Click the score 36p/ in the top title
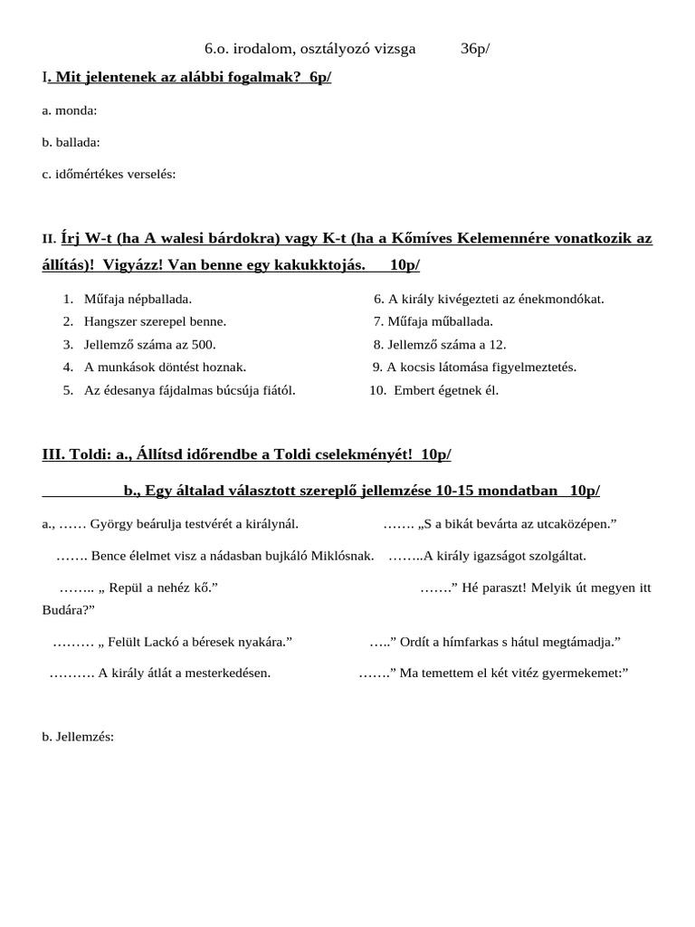474,49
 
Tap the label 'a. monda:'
70,110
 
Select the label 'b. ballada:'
71,142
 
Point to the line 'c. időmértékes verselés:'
109,174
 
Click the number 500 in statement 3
205,345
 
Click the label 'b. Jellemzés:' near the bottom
78,737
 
